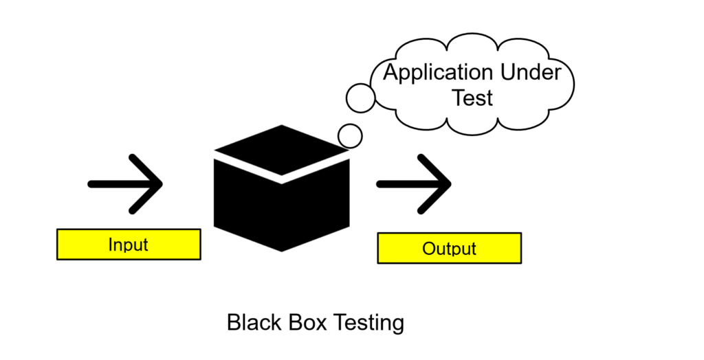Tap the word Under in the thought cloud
pos(529,73)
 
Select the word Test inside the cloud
pos(472,98)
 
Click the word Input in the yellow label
pos(128,244)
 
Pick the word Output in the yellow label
pos(449,248)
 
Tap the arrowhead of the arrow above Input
pos(155,183)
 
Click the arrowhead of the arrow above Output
pos(443,183)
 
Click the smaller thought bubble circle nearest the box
pos(351,135)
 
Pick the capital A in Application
pos(390,73)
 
